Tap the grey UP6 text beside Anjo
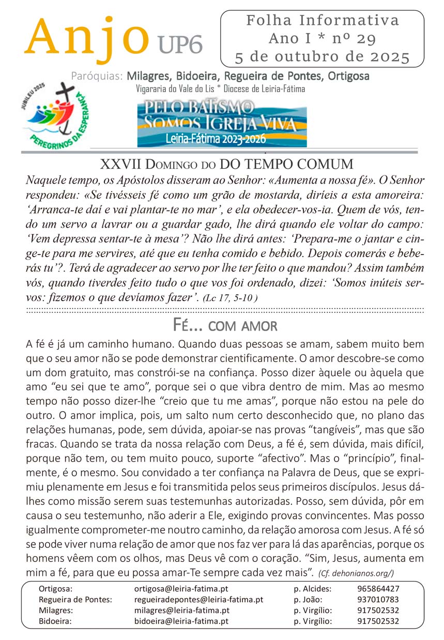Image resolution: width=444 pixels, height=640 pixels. tap(180, 46)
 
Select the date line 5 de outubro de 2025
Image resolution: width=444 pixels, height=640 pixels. tap(322, 56)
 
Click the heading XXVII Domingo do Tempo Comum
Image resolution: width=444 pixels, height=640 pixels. tap(226, 165)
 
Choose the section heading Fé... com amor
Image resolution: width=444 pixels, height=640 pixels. tap(225, 326)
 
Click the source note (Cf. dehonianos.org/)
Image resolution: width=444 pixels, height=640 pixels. tap(357, 572)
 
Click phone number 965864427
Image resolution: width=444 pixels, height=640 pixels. tap(378, 589)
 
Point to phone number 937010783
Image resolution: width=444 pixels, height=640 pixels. tap(378, 600)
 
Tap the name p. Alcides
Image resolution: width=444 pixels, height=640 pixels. tap(313, 589)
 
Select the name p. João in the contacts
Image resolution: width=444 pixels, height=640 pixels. tap(308, 600)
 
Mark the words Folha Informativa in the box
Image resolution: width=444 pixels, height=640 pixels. tap(323, 21)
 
